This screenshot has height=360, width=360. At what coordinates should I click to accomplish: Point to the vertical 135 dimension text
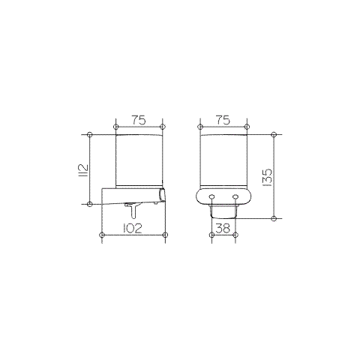coord(267,176)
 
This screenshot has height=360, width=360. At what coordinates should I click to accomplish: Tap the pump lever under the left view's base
coord(133,207)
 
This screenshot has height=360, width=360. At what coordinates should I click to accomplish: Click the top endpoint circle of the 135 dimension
coord(274,135)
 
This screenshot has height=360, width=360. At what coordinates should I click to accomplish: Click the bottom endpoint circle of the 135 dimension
coord(274,217)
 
